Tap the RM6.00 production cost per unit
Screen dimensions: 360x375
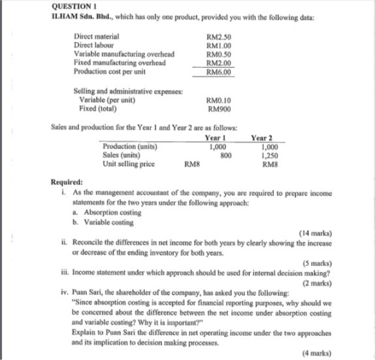click(217, 71)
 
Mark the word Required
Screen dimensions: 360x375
click(67, 183)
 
